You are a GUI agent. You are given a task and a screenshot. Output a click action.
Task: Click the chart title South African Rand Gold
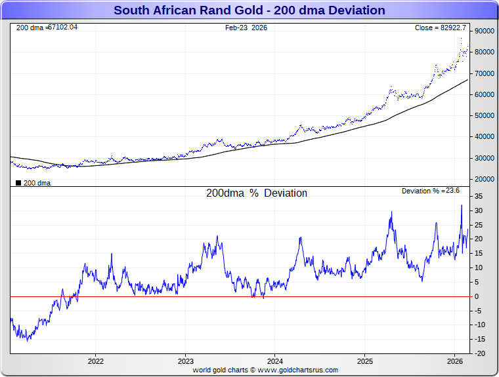[249, 10]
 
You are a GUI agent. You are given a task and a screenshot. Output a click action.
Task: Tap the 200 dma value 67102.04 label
[47, 27]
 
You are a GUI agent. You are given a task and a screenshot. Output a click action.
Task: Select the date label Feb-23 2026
[246, 28]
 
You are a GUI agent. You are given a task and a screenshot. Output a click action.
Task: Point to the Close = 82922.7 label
[440, 28]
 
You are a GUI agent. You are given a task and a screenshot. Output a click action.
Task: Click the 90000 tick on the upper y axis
[484, 31]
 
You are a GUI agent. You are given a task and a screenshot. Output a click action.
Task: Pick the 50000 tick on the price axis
[484, 115]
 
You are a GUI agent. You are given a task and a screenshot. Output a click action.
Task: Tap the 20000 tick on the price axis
[484, 179]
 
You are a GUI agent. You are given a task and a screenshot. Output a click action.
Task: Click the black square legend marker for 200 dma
[18, 183]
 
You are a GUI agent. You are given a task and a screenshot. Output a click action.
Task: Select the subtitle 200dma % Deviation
[257, 193]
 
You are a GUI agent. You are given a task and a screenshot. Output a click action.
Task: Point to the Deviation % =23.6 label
[430, 191]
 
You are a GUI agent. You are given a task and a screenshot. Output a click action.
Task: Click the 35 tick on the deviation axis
[479, 197]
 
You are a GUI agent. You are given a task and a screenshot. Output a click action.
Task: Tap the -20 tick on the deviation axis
[480, 353]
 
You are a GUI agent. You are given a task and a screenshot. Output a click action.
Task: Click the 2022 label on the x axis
[96, 361]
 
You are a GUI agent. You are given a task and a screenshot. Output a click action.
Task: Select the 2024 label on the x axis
[275, 361]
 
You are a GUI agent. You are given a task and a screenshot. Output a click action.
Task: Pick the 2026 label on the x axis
[455, 361]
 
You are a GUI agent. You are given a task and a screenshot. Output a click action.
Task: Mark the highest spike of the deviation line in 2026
[462, 205]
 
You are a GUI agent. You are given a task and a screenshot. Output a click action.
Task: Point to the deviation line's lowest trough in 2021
[27, 340]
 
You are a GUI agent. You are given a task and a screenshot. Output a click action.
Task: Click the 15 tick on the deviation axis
[479, 254]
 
